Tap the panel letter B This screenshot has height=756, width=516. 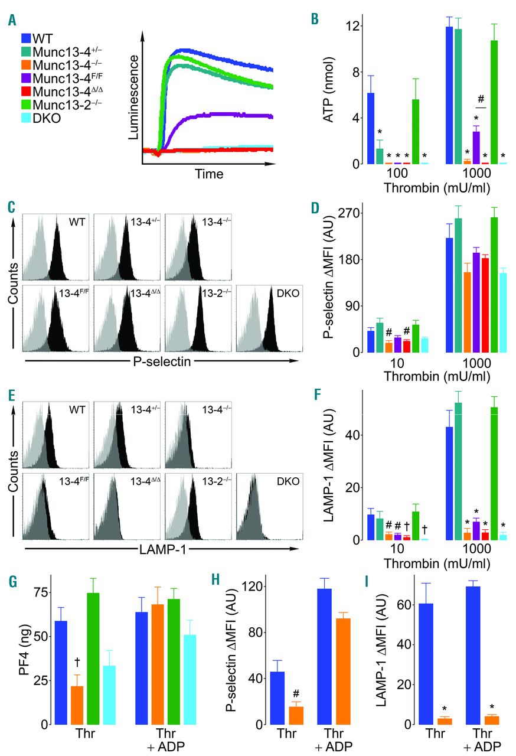tap(315, 19)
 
